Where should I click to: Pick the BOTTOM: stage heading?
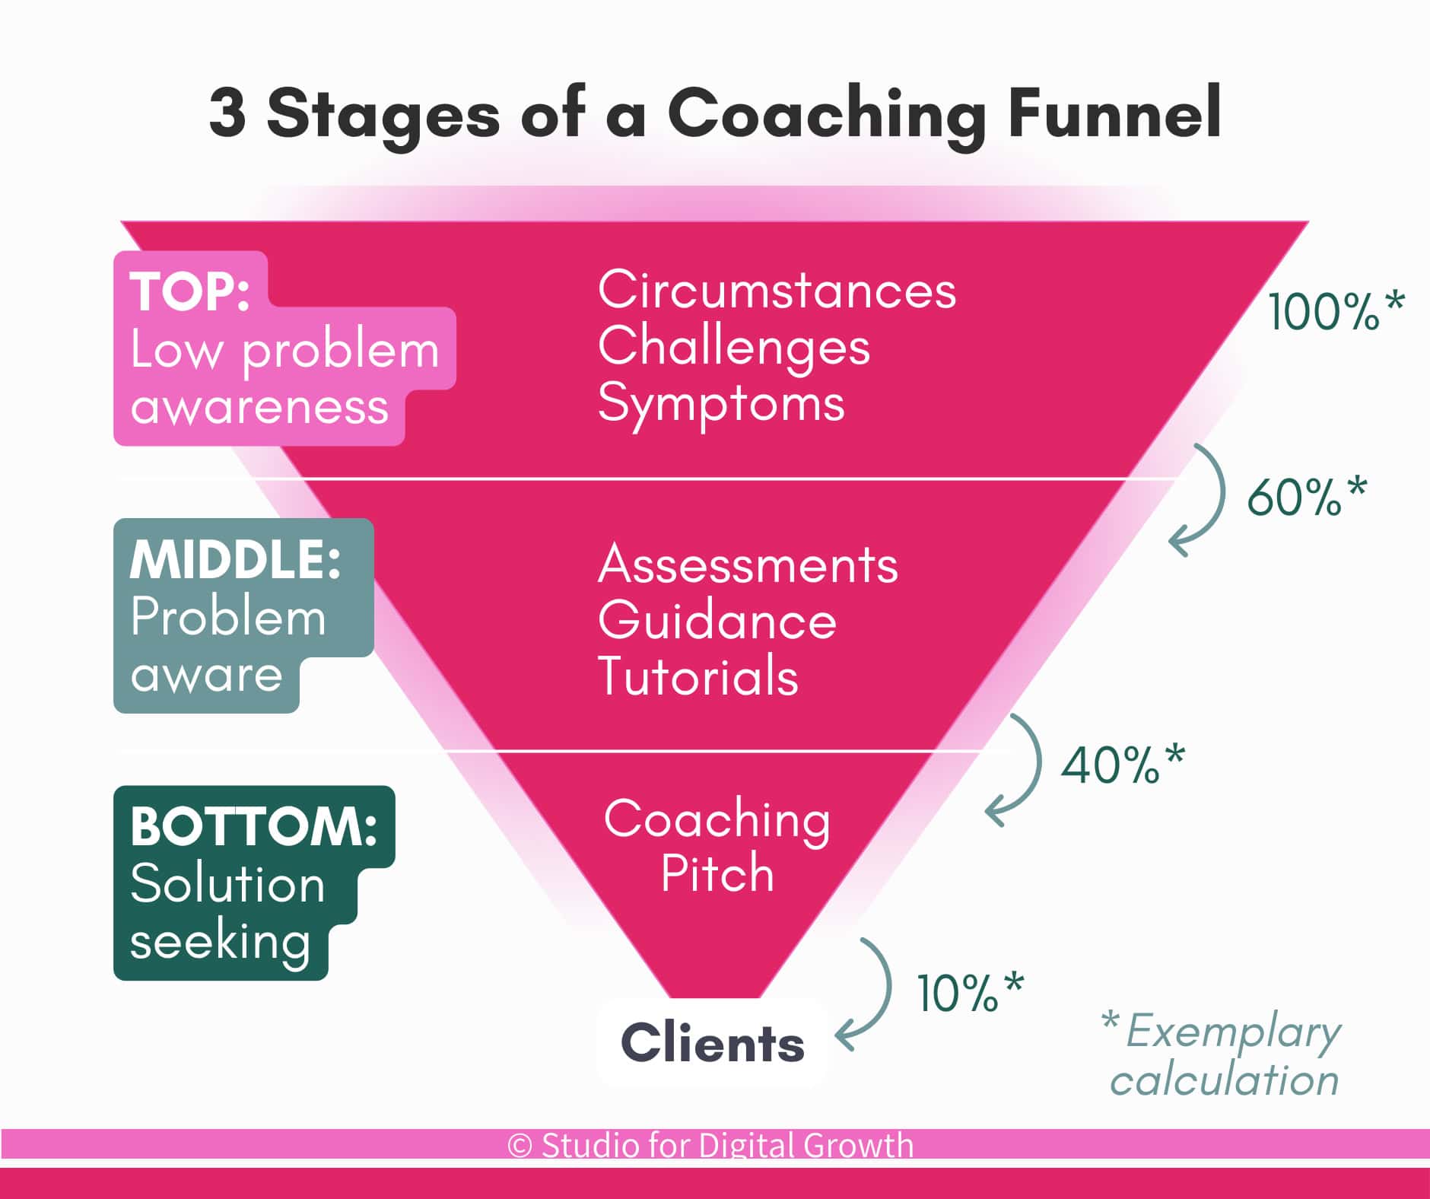tap(253, 826)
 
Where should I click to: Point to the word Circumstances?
tap(777, 291)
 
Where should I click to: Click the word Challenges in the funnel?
tap(733, 347)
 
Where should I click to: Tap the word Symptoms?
tap(721, 403)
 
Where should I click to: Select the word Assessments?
tap(748, 565)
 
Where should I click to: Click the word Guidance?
tap(717, 621)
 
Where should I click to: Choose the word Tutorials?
tap(698, 676)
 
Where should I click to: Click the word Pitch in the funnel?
tap(717, 873)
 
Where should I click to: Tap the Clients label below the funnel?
tap(713, 1043)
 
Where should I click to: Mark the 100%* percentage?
tap(1335, 310)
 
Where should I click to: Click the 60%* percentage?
tap(1306, 497)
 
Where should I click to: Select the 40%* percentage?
tap(1123, 764)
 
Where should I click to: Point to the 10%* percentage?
tap(970, 992)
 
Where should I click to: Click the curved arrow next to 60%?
tap(1202, 502)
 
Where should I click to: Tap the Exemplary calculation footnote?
tap(1225, 1056)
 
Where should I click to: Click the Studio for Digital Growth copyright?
tap(710, 1145)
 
